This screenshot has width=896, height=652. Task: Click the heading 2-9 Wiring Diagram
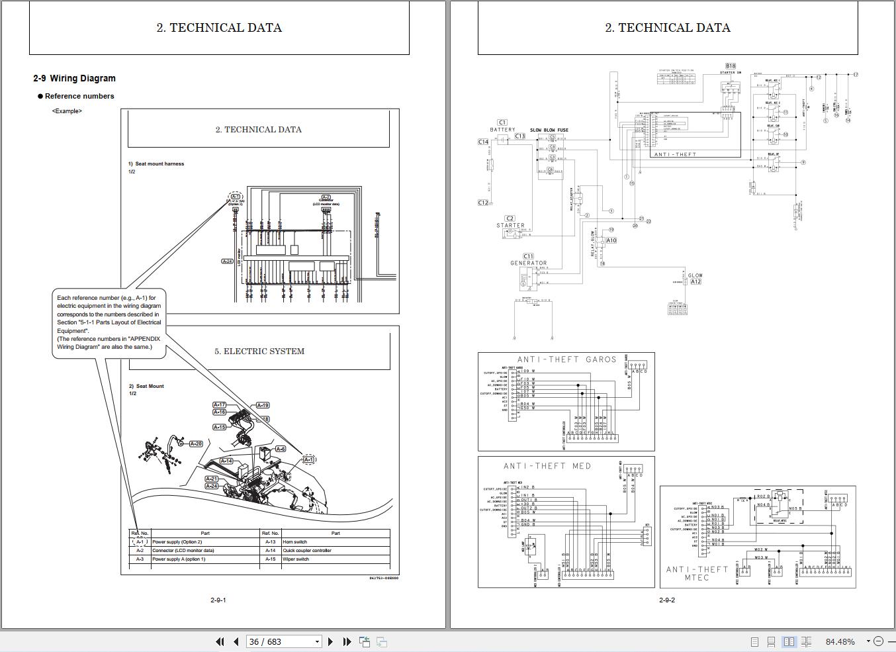point(74,78)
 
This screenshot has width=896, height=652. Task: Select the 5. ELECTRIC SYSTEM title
point(259,351)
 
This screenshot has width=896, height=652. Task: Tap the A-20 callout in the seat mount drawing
point(196,443)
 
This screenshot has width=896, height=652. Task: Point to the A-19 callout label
point(263,405)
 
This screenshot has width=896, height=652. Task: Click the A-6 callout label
point(280,449)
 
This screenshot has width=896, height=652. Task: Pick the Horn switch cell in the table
point(295,541)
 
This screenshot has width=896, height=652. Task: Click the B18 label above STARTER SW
point(730,66)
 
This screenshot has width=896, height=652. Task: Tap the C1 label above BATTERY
point(502,122)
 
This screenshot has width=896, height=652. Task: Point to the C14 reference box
point(483,142)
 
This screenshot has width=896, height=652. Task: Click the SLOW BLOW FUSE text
point(549,130)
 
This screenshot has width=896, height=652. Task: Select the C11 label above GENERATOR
point(528,256)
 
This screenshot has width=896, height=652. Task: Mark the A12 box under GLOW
point(695,282)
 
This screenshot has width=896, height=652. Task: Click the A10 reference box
point(611,240)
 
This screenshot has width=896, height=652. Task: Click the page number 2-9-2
point(667,600)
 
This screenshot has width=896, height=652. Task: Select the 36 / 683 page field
point(284,641)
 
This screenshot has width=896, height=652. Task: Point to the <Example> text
point(67,111)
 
